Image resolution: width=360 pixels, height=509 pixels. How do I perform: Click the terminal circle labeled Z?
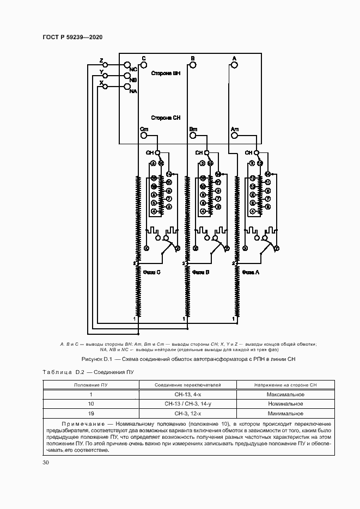(106, 65)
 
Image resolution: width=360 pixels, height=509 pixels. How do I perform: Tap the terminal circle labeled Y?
(106, 76)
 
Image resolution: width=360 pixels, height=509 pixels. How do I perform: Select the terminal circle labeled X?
(106, 87)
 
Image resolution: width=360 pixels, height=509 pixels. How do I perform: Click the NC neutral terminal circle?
(127, 65)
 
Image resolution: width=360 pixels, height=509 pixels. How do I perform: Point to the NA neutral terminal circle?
(127, 87)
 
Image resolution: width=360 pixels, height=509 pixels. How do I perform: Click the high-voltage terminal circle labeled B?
(192, 65)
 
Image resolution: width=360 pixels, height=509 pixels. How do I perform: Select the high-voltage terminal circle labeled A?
(234, 65)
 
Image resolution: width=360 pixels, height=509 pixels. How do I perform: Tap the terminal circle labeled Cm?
(144, 135)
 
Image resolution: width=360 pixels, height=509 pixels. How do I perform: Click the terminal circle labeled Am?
(234, 135)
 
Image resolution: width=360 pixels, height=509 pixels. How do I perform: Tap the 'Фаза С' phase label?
(151, 272)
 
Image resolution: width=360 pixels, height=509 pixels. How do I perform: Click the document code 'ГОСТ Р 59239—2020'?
(72, 37)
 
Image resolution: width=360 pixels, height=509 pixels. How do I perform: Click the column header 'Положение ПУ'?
(91, 385)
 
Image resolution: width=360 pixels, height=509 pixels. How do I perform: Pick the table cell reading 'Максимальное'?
(285, 394)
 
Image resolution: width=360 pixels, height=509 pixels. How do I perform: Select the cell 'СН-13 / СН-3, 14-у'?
(187, 404)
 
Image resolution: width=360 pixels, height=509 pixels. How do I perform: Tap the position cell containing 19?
(91, 413)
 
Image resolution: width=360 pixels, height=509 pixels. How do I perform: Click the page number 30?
(46, 463)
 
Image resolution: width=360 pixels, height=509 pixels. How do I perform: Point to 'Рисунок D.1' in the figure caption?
(96, 359)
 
